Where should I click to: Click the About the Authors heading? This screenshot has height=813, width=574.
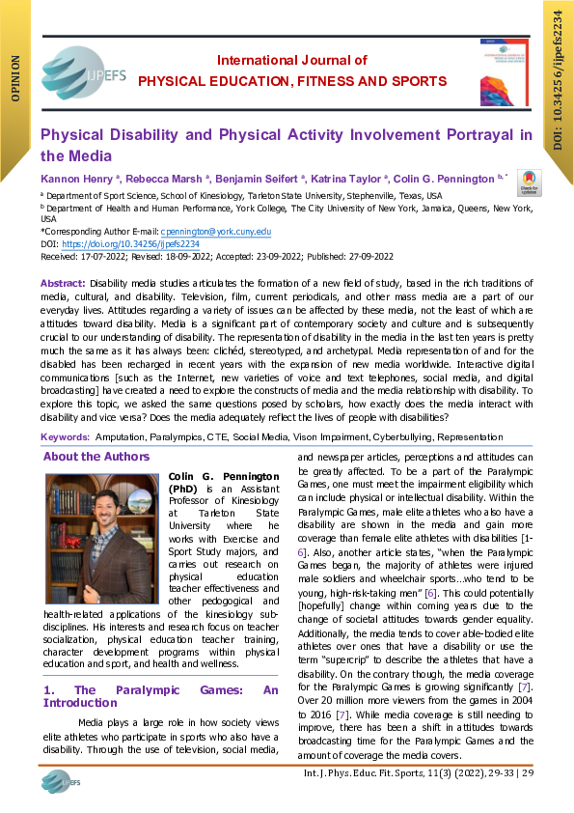(x=96, y=457)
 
